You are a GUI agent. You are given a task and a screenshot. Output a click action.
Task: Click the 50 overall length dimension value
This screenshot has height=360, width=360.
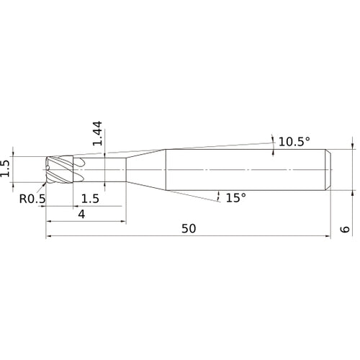point(189,228)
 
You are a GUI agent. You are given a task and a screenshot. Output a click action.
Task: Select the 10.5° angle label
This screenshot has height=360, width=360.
point(294,142)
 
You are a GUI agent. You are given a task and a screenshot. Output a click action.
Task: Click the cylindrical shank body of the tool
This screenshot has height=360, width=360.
point(245,170)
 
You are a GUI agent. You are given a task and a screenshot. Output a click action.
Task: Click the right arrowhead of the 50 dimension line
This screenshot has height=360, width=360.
point(328,237)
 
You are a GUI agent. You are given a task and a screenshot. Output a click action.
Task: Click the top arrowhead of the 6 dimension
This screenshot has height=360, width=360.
point(351,145)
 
